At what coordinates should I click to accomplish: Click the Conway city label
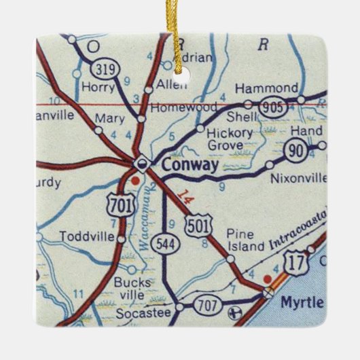pos(191,164)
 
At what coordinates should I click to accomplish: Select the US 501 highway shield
pos(206,223)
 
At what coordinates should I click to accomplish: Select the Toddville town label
pos(84,237)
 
